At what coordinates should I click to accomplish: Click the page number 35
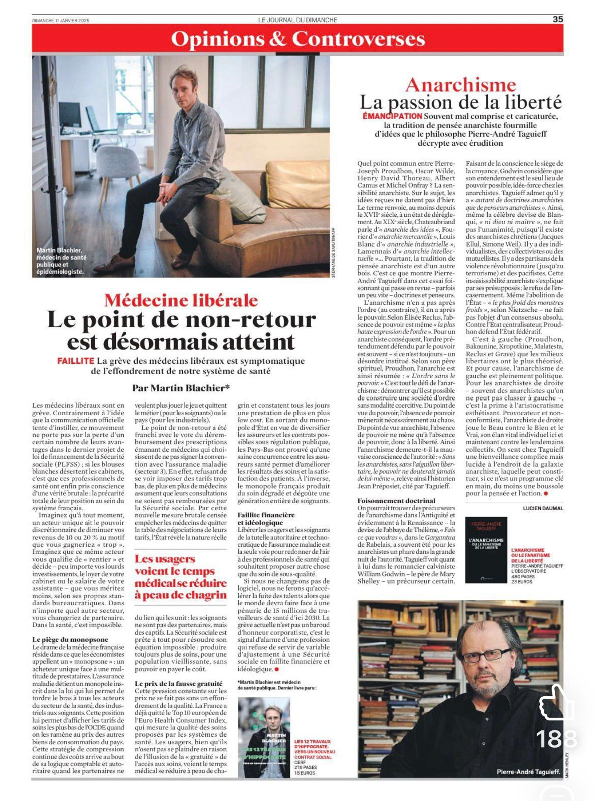pos(558,19)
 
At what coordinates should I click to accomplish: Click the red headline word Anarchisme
pos(460,85)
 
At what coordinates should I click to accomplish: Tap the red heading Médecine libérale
pos(181,300)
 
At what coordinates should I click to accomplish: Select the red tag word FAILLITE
pos(76,361)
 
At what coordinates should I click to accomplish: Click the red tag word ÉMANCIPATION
pos(393,116)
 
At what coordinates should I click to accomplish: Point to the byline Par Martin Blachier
pos(181,387)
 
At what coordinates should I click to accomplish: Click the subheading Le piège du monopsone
pos(70,639)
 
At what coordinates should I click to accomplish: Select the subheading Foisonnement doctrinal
pos(396,500)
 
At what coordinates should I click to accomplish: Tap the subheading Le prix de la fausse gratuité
pos(179,683)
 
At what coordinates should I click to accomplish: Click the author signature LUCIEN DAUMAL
pos(543,508)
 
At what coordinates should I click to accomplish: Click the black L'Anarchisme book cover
pos(486,550)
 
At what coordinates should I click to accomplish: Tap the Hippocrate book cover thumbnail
pos(264,737)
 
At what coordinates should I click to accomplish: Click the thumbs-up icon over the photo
pos(556,703)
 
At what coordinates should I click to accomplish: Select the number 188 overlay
pos(556,739)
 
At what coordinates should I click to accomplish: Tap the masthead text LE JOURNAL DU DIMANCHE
pos(297,20)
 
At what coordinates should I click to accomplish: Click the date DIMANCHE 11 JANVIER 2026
pos(60,20)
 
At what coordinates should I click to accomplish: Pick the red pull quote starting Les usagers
pos(180,577)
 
